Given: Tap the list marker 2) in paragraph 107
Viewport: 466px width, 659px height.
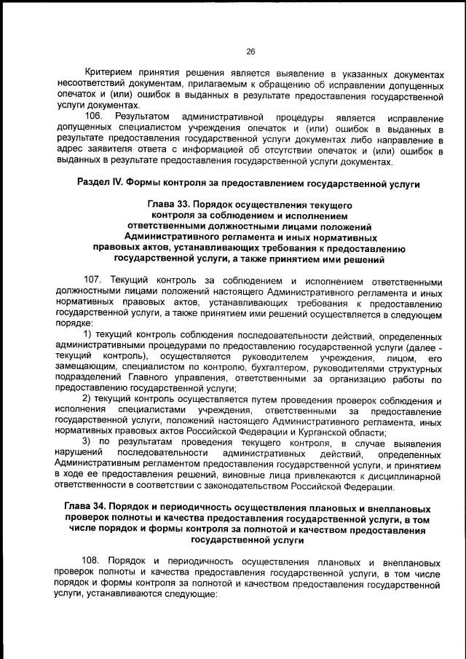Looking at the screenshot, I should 87,400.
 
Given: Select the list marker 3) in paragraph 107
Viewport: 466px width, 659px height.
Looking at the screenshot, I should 87,443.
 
